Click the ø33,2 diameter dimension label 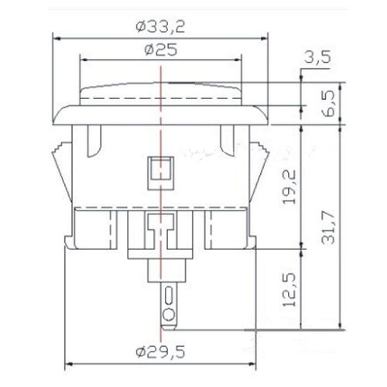(x=160, y=27)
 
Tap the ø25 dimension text (x=161, y=50)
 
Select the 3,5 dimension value (x=317, y=57)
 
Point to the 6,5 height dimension (x=328, y=103)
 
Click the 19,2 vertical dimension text (x=289, y=187)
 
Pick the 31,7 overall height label (x=328, y=227)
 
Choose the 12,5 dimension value (x=289, y=289)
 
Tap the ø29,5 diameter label (x=160, y=352)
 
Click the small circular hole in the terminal (x=169, y=315)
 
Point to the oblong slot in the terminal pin (x=169, y=295)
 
